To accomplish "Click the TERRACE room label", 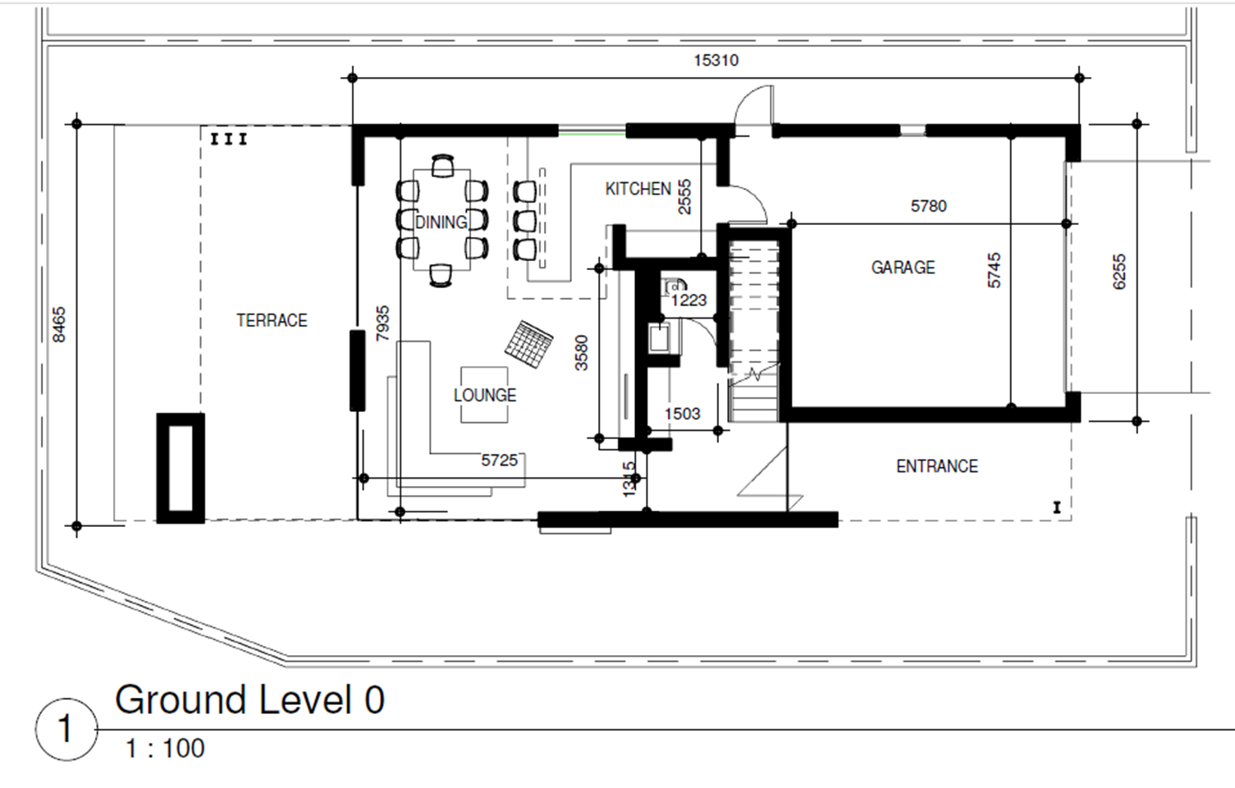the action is click(272, 320).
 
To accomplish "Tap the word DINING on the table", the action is click(441, 222).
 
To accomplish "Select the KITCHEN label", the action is click(638, 189).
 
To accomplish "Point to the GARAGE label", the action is click(903, 268).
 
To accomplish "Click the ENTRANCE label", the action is click(937, 466).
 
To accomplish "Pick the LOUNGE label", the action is click(485, 396).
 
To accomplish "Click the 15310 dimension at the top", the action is click(716, 60).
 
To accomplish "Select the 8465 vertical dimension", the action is click(59, 324).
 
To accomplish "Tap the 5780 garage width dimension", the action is click(928, 206).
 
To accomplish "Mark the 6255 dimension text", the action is click(1118, 272).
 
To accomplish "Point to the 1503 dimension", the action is click(682, 414).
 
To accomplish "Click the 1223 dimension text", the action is click(688, 300).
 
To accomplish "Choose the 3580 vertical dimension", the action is click(582, 352).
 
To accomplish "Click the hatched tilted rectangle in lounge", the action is click(529, 344).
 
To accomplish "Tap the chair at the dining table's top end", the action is click(443, 166).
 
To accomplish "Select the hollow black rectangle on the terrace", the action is click(181, 468).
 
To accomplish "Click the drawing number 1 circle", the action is click(66, 729).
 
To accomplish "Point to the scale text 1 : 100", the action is click(166, 749).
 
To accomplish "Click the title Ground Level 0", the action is click(249, 699).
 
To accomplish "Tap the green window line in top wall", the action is click(592, 132).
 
